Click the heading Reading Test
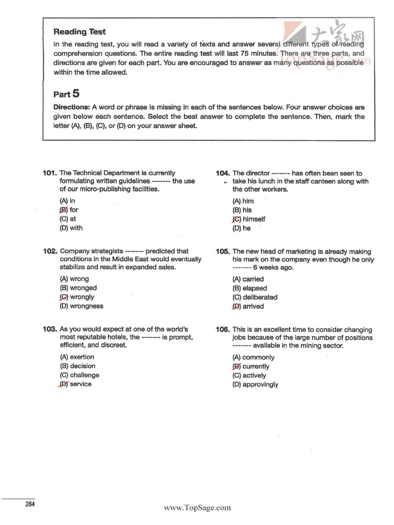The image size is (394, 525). tap(80, 32)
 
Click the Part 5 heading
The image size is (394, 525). tap(67, 94)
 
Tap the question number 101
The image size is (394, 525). tap(50, 173)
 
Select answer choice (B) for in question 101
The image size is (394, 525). tap(69, 210)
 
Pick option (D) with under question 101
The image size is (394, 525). tap(71, 228)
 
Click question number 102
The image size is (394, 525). tap(50, 251)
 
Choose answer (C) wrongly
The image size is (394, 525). tap(77, 297)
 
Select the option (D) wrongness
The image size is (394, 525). tap(82, 307)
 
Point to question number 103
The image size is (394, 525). tap(50, 329)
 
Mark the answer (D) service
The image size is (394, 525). tap(75, 385)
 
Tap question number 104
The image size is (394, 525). tap(223, 173)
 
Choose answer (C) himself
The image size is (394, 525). tap(249, 219)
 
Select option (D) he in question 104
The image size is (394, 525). tap(242, 229)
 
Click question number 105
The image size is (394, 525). tap(223, 252)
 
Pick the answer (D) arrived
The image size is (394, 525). tap(248, 307)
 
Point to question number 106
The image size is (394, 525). tap(223, 330)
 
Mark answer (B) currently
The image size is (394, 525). tap(251, 367)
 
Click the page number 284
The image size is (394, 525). tap(30, 504)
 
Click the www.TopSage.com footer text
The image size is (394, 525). tap(198, 508)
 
